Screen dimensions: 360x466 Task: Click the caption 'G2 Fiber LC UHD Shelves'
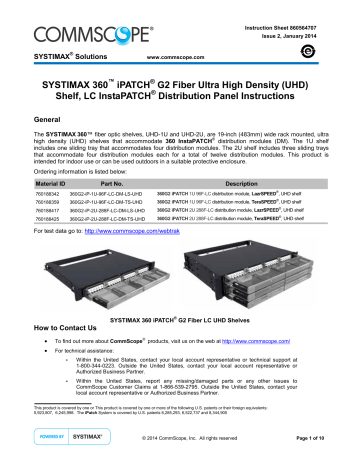(x=219, y=318)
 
